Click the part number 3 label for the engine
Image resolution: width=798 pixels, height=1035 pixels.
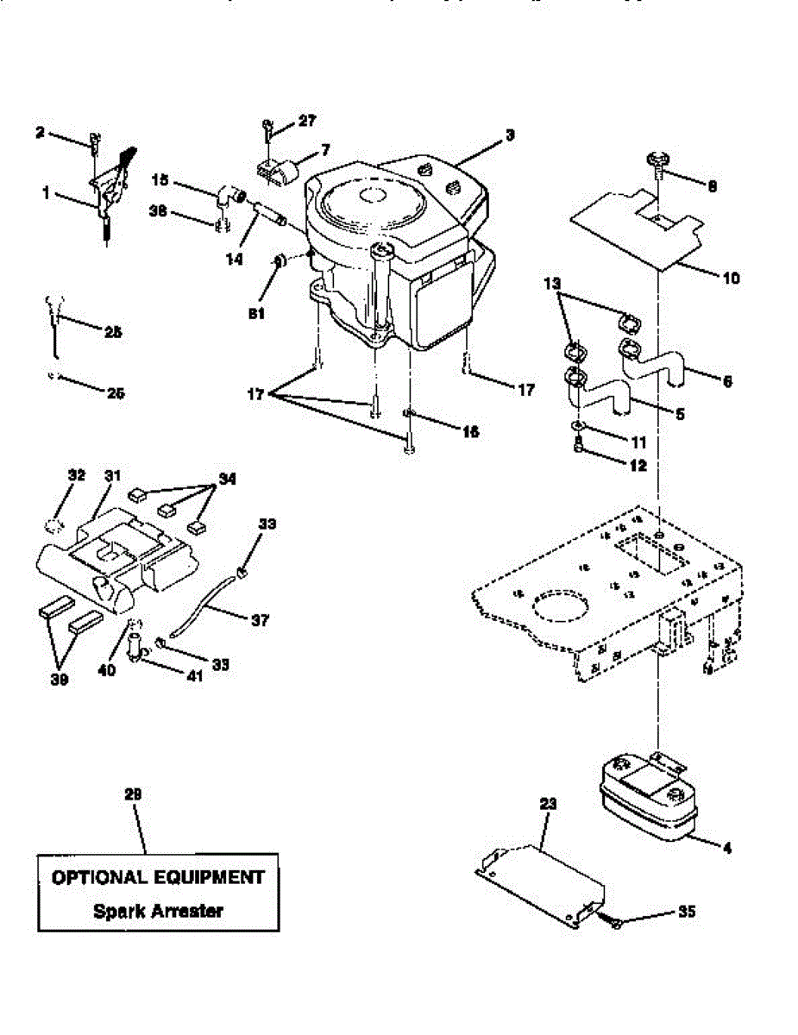[x=511, y=135]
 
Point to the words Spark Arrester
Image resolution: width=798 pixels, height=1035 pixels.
[x=158, y=910]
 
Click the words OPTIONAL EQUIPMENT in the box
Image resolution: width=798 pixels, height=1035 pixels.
[x=158, y=877]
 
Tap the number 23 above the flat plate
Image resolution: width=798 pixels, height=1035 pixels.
[x=549, y=803]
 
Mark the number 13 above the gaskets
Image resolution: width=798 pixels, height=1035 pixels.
[x=553, y=283]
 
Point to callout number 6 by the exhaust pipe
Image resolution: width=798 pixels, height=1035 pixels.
[x=727, y=380]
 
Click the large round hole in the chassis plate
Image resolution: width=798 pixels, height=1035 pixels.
[x=562, y=606]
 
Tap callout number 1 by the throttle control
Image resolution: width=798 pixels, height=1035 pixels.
[x=46, y=194]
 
